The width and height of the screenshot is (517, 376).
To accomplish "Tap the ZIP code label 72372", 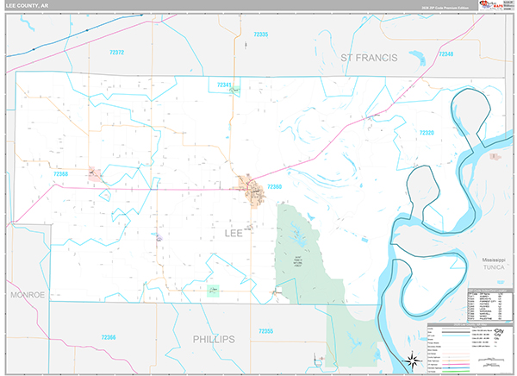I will [x=117, y=53].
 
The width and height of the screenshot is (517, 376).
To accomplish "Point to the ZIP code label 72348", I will [x=445, y=54].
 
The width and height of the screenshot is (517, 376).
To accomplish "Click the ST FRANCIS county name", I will [x=369, y=57].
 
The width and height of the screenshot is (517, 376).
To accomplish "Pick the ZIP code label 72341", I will [x=224, y=85].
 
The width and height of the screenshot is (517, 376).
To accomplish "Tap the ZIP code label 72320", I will [x=427, y=132].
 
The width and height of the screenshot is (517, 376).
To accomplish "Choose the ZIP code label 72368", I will [x=61, y=173].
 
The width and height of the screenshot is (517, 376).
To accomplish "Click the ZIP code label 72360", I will [x=275, y=185].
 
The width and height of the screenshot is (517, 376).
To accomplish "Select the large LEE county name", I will [x=234, y=232].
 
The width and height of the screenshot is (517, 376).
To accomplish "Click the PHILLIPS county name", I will [x=214, y=339].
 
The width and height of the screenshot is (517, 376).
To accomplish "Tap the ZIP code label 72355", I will [x=265, y=330].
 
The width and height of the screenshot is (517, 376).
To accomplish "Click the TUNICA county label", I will [x=494, y=267].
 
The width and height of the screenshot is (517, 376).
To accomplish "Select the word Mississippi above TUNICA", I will [x=494, y=259].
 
